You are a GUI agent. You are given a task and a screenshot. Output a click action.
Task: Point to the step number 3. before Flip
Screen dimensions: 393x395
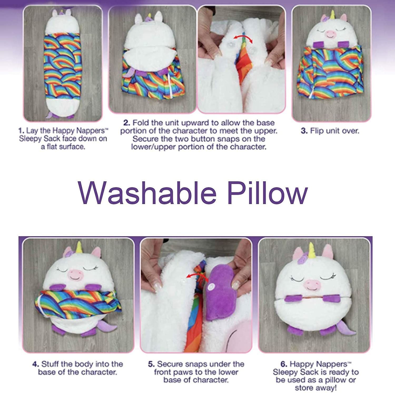click(304, 131)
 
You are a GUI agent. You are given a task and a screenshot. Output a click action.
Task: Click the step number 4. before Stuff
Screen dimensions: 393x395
click(36, 364)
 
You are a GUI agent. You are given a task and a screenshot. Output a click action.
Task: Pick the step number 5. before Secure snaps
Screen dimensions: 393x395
click(151, 364)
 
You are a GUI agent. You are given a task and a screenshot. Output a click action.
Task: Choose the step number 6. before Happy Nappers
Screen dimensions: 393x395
click(284, 364)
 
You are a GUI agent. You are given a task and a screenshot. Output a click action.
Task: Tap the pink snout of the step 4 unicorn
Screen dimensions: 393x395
click(75, 274)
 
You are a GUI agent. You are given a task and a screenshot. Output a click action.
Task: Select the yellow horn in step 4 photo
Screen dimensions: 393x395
click(78, 247)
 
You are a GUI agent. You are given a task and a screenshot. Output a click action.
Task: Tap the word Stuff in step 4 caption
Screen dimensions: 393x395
click(50, 364)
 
